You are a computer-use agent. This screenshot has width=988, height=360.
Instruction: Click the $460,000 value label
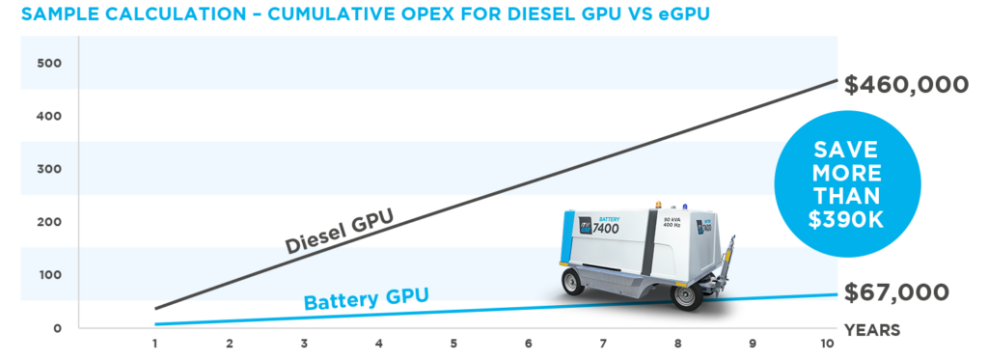point(906,85)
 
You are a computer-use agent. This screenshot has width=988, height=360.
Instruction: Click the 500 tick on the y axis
point(49,64)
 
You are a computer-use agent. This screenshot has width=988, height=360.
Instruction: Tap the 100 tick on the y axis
point(49,275)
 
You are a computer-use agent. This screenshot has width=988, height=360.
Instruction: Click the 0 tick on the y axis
point(57,328)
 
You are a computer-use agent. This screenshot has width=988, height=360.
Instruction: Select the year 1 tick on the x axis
point(154,345)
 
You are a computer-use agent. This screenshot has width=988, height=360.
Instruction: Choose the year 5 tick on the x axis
point(453,345)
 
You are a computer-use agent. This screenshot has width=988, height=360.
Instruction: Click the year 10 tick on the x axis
point(826,345)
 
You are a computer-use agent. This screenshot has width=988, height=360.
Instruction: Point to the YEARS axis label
point(872,330)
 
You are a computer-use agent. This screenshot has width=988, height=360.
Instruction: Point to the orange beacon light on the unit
point(659,205)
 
